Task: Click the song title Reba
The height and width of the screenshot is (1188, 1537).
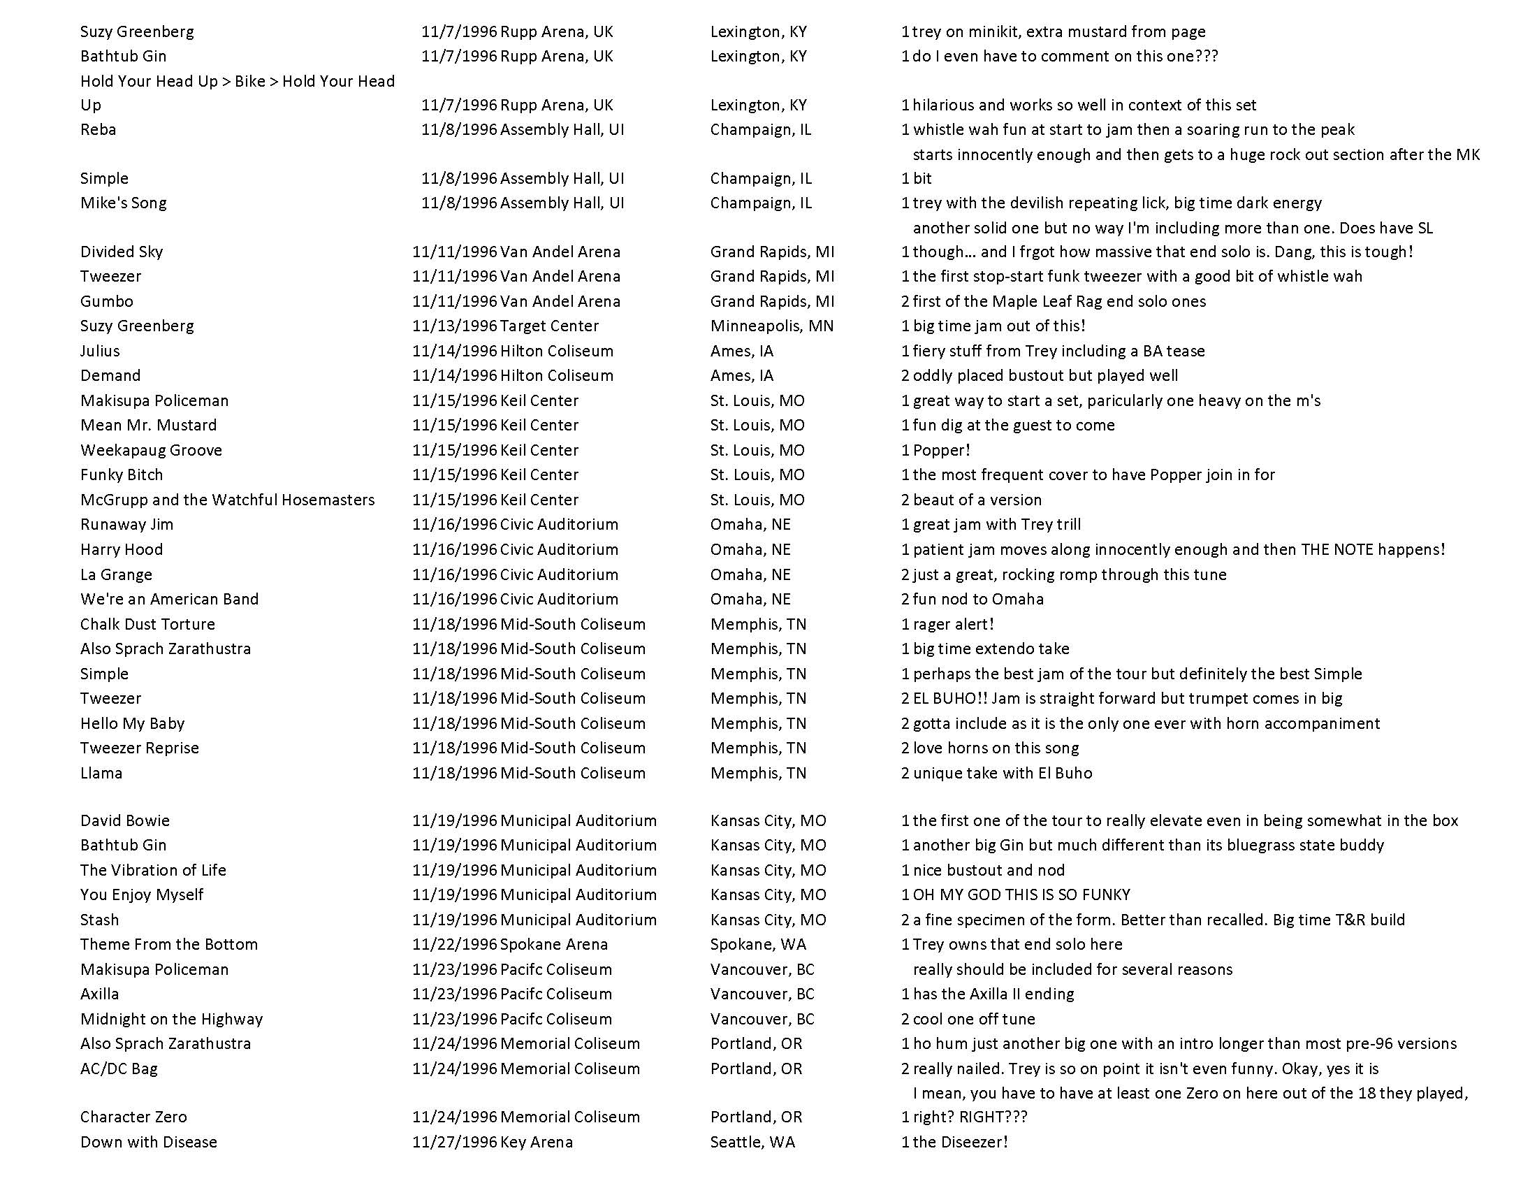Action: pos(98,129)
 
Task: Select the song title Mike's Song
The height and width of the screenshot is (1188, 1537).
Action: pos(123,203)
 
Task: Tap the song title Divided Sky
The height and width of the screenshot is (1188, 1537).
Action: pos(121,252)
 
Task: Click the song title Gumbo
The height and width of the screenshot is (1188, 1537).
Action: pos(106,301)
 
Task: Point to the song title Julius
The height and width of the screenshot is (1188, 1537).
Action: pos(100,351)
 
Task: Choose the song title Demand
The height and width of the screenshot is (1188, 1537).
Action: pos(110,375)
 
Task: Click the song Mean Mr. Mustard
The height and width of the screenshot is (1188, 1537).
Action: pos(149,425)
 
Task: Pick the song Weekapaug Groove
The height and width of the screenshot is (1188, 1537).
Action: pos(151,450)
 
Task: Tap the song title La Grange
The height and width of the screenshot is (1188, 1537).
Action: pos(115,574)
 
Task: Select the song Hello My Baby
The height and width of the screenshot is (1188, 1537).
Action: pos(132,723)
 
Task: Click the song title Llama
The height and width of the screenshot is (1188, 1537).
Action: pos(101,773)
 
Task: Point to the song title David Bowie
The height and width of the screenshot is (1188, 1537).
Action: pos(124,820)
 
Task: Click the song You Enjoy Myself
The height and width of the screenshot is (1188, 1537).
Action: pos(141,894)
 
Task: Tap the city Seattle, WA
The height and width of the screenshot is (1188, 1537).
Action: pos(752,1142)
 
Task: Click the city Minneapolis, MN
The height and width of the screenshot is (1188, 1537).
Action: pos(771,326)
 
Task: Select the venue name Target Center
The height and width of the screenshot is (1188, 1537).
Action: pos(549,326)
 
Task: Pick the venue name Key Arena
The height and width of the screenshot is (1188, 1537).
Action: pos(537,1142)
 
